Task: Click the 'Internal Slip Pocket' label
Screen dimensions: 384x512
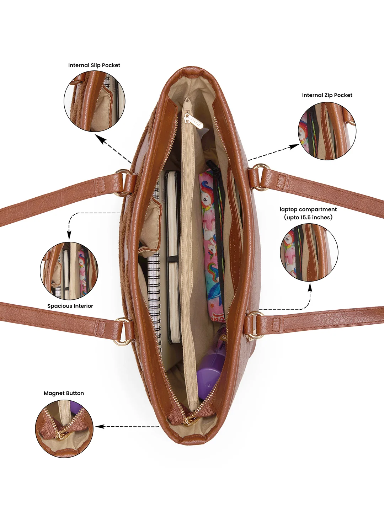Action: [x=94, y=65]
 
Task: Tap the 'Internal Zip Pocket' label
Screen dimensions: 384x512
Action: [x=327, y=95]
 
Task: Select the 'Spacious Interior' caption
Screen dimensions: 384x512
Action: [x=70, y=306]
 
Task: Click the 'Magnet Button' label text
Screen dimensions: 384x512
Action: [x=64, y=393]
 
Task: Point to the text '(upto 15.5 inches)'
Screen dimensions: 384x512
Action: [x=308, y=217]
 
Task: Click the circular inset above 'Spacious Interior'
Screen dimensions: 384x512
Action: [x=69, y=271]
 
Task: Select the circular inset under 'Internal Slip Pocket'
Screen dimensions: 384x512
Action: [x=95, y=101]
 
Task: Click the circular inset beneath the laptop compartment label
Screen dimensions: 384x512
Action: [x=309, y=252]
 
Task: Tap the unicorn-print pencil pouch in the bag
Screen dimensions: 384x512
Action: [x=212, y=242]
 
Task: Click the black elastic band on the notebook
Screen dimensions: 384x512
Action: [x=173, y=259]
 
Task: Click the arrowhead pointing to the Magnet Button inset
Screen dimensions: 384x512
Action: [x=99, y=427]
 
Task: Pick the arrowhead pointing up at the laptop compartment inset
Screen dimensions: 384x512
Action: [x=310, y=288]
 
